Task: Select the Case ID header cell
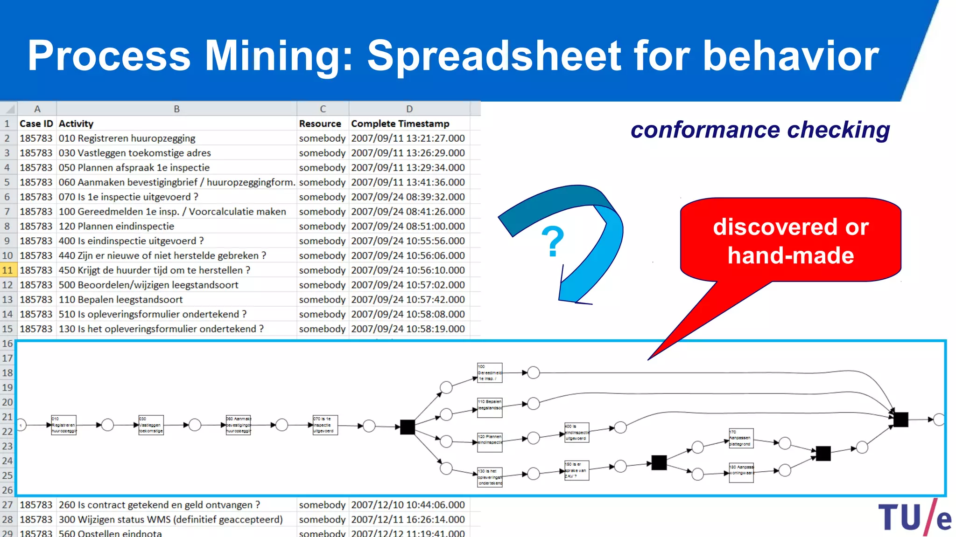36,124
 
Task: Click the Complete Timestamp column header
400,124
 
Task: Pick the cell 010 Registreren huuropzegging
127,138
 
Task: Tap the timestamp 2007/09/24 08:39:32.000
408,197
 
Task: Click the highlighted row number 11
7,270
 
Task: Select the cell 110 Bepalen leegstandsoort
120,299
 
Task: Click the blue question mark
553,241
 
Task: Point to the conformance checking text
760,130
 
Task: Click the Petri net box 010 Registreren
63,425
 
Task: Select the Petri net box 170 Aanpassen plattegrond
741,438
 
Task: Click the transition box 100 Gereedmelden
490,373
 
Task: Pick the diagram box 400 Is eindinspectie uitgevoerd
576,432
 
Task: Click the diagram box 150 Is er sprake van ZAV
576,470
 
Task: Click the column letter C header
323,109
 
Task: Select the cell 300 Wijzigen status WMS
170,519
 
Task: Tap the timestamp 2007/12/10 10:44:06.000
408,505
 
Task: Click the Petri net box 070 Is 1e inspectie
325,425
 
